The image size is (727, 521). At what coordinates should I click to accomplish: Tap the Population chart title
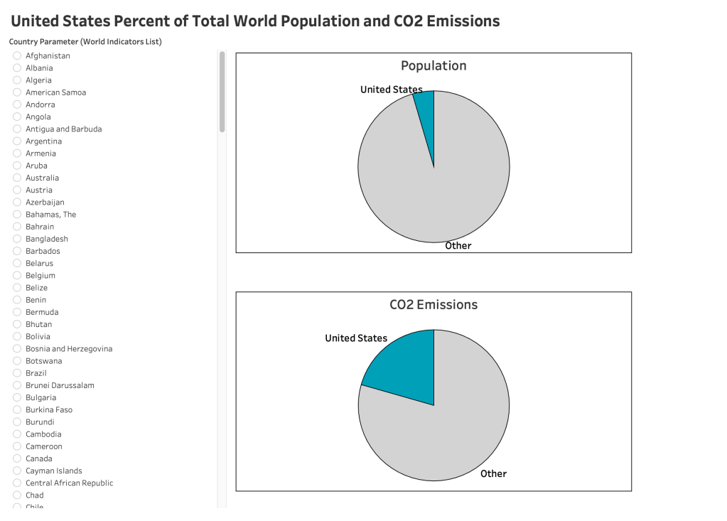[x=433, y=65]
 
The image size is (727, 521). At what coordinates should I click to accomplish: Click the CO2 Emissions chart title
[x=433, y=304]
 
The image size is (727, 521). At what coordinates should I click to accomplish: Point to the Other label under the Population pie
[x=458, y=245]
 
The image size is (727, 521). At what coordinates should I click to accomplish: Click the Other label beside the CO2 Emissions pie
[x=493, y=473]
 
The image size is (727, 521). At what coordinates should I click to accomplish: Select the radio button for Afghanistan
[x=17, y=55]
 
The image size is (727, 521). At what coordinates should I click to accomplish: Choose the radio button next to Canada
[x=17, y=458]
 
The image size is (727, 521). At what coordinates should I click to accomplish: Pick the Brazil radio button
[x=17, y=373]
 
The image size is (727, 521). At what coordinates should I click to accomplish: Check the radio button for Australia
[x=17, y=178]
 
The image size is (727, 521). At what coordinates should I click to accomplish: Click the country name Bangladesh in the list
[x=47, y=239]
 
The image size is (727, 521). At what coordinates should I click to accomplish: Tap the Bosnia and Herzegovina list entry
[x=69, y=349]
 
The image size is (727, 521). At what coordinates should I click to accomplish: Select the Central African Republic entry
[x=69, y=483]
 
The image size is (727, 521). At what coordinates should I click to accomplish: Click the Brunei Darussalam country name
[x=60, y=385]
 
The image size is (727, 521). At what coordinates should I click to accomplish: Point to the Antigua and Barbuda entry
[x=63, y=129]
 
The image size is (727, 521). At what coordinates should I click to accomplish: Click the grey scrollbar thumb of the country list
[x=222, y=91]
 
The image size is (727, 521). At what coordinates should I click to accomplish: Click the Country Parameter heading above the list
[x=85, y=41]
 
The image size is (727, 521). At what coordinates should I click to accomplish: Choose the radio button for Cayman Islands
[x=17, y=471]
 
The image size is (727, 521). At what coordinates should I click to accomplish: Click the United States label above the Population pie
[x=391, y=90]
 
